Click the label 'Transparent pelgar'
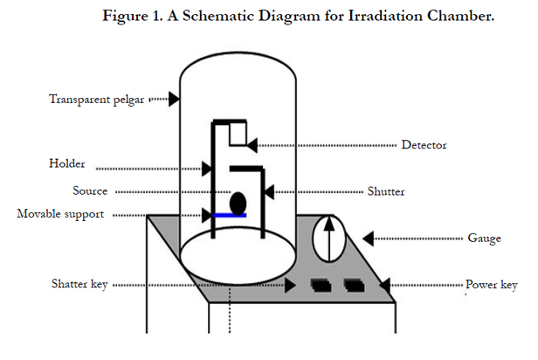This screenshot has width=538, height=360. click(x=96, y=100)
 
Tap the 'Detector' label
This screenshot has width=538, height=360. click(x=424, y=145)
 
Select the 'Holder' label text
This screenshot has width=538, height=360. click(x=67, y=163)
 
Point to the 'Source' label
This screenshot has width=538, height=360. click(x=90, y=190)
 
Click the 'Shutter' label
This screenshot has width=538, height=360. click(x=386, y=191)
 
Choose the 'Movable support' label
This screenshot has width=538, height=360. click(x=60, y=214)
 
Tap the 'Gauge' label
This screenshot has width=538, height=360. click(x=484, y=239)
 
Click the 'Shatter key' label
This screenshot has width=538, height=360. click(x=79, y=284)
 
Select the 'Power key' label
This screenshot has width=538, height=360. click(x=492, y=285)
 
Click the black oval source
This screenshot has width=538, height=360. click(x=238, y=204)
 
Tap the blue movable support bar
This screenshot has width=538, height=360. click(x=230, y=216)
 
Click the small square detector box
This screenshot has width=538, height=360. click(x=238, y=134)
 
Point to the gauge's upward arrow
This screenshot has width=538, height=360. click(x=329, y=239)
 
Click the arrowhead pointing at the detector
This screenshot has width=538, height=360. click(x=252, y=146)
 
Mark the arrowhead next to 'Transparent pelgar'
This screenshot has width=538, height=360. click(x=174, y=100)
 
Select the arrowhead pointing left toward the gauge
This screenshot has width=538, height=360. click(x=369, y=239)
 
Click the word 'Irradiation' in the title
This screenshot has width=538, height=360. click(x=385, y=16)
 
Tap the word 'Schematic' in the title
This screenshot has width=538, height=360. click(x=218, y=16)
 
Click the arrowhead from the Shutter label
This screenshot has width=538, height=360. click(x=269, y=192)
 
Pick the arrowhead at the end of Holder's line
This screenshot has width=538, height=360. click(x=207, y=169)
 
